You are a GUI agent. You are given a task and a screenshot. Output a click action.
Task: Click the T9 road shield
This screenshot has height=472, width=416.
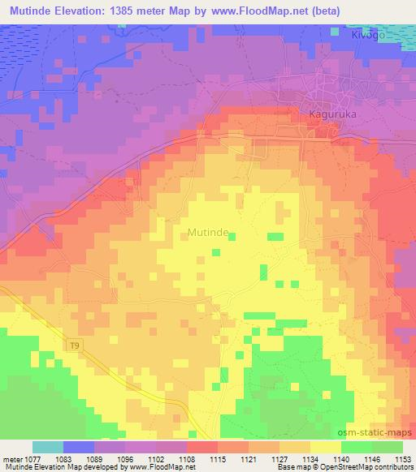tap(74, 345)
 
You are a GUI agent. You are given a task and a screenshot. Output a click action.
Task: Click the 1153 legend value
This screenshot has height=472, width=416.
tap(402, 459)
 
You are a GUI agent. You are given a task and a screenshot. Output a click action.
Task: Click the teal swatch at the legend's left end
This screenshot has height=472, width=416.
tap(48, 447)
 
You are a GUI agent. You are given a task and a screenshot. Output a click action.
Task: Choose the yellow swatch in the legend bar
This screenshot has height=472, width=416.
tap(325, 447)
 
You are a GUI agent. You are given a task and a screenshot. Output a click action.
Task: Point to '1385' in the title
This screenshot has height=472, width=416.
tap(130, 10)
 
